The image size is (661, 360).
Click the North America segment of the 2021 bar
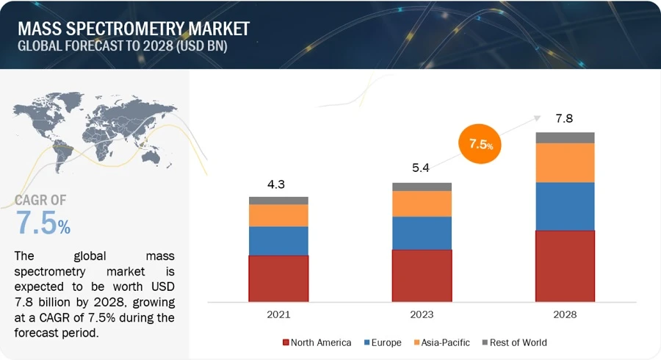click(278, 278)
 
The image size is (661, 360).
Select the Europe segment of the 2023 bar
click(422, 233)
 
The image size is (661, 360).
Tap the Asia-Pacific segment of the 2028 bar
click(565, 162)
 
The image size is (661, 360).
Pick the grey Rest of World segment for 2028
click(565, 137)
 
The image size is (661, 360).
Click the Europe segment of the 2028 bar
click(565, 206)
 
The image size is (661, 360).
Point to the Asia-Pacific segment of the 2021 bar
click(278, 215)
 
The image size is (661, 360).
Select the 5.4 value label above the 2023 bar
click(422, 168)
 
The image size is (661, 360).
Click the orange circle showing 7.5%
click(480, 144)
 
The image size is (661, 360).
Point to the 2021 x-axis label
click(278, 314)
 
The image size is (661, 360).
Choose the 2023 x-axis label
click(422, 314)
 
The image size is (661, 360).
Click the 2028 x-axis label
click(565, 314)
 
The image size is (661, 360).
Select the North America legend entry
click(317, 342)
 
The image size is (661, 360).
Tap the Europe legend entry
click(383, 342)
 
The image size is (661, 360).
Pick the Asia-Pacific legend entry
click(442, 342)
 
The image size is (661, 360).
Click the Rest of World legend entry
click(514, 342)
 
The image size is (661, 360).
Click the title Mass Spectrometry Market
click(133, 29)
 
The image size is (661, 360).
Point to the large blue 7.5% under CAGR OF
click(43, 224)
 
